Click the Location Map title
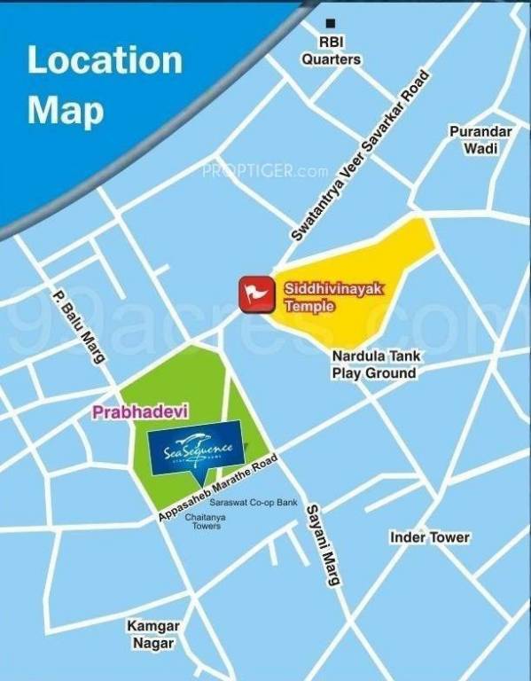(105, 86)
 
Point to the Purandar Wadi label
(480, 140)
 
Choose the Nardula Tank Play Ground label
(373, 364)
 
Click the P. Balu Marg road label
(79, 325)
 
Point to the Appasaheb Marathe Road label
(218, 488)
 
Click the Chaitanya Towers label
(203, 521)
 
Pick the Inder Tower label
(430, 538)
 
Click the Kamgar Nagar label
(152, 635)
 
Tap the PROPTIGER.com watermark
(265, 170)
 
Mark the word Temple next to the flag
(309, 307)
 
